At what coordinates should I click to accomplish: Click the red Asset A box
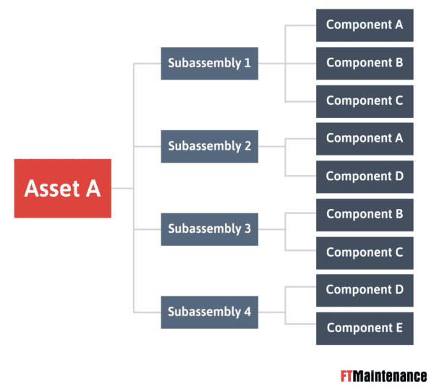[x=63, y=189]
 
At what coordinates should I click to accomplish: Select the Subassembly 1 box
[x=210, y=64]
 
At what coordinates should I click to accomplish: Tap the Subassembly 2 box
[x=210, y=146]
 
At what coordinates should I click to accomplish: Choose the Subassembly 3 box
[x=210, y=229]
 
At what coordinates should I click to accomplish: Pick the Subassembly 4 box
[x=210, y=312]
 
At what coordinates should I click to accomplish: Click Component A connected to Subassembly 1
[x=365, y=25]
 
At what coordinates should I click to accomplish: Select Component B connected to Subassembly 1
[x=365, y=64]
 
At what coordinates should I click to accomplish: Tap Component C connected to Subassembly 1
[x=365, y=101]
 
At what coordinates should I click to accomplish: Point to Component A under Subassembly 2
[x=365, y=139]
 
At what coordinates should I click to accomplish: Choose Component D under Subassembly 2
[x=365, y=177]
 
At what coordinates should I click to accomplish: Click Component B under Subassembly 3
[x=365, y=215]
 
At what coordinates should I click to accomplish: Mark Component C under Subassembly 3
[x=365, y=253]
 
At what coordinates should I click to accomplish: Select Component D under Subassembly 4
[x=365, y=291]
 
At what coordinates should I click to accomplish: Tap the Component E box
[x=365, y=328]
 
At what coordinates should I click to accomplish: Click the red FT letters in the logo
[x=346, y=376]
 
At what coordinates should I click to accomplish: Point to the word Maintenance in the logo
[x=390, y=376]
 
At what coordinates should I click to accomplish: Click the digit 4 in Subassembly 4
[x=247, y=312]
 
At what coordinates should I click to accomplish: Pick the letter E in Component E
[x=399, y=328]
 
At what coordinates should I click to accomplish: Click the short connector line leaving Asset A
[x=122, y=189]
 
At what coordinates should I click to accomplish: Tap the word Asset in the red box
[x=52, y=189]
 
